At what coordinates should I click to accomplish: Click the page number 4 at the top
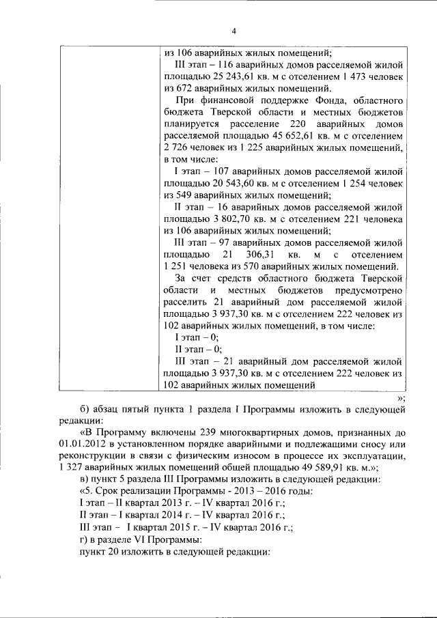234,31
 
